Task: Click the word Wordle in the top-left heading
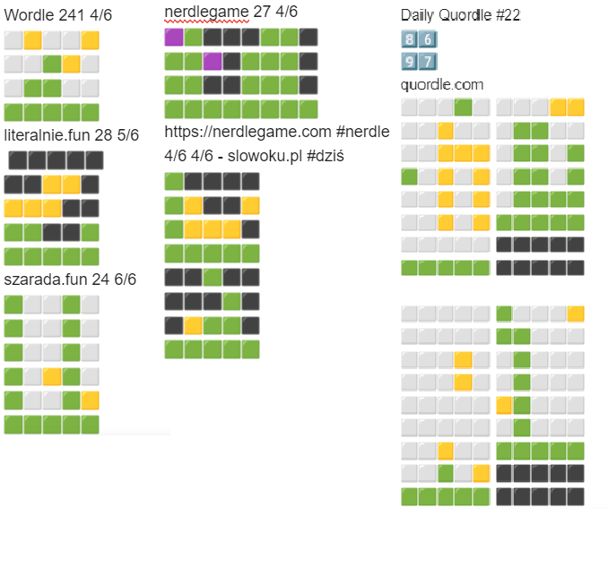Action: (x=28, y=15)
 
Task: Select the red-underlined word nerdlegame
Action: (x=206, y=11)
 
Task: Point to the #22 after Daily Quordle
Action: (x=509, y=15)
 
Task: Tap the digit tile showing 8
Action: (x=410, y=40)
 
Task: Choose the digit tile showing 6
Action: (x=428, y=40)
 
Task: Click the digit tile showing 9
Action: (x=410, y=62)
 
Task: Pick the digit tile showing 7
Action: (x=428, y=62)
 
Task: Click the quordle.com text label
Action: (x=442, y=84)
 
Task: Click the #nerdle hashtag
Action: (x=363, y=132)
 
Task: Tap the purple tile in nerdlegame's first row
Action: (x=174, y=38)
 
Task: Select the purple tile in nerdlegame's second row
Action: (x=213, y=61)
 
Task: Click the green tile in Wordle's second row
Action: (x=52, y=64)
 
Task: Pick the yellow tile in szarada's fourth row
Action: (x=52, y=376)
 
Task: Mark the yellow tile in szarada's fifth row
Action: (x=90, y=400)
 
